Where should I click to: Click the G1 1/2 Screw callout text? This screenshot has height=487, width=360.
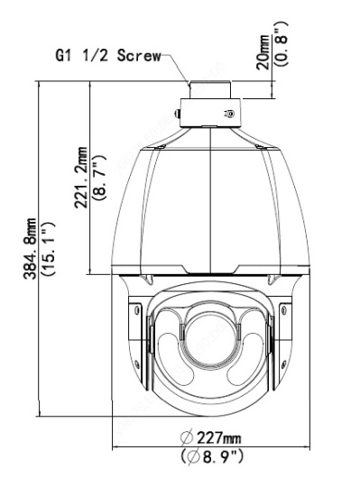(x=108, y=56)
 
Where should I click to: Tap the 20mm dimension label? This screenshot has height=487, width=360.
(x=263, y=52)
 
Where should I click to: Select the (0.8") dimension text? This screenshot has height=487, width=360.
(x=282, y=43)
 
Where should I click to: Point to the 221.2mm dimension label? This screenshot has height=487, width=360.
(x=80, y=178)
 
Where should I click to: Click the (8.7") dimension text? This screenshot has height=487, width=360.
(x=99, y=177)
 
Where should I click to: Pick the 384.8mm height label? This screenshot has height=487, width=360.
(x=30, y=249)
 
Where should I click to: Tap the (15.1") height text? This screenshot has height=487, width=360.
(x=49, y=249)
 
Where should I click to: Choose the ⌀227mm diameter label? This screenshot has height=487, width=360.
(x=210, y=438)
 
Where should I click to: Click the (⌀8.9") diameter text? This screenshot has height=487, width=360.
(x=212, y=457)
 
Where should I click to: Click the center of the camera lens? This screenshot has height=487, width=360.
(x=210, y=340)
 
